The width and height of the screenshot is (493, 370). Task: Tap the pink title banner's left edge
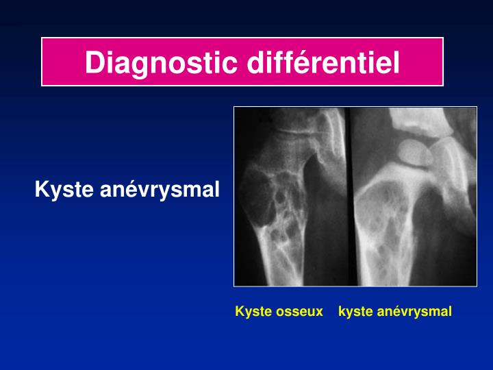(43, 62)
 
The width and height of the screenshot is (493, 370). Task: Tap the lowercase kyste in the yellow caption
(353, 312)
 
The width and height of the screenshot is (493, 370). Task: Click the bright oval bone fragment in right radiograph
(414, 151)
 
